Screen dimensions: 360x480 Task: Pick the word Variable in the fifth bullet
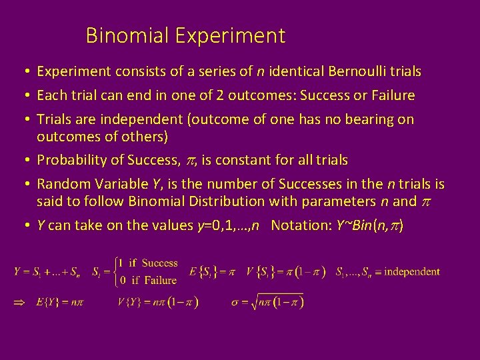pos(112,185)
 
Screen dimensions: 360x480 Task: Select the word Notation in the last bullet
pos(298,225)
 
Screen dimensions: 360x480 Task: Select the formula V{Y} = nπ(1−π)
pos(157,302)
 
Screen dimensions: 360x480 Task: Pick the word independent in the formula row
pos(412,272)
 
